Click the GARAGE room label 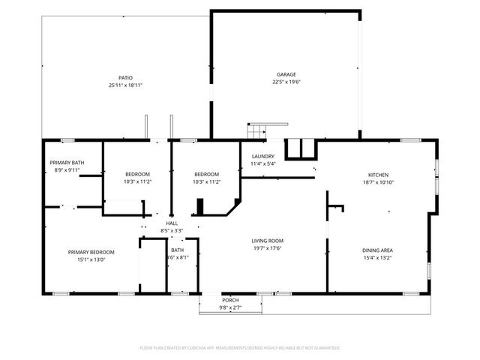pyautogui.click(x=286, y=74)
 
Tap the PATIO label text pyautogui.click(x=125, y=77)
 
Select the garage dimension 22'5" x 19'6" pyautogui.click(x=286, y=82)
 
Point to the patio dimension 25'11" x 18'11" pyautogui.click(x=125, y=85)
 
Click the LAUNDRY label pyautogui.click(x=262, y=155)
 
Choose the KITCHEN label pyautogui.click(x=377, y=174)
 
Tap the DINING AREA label pyautogui.click(x=377, y=250)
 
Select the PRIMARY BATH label pyautogui.click(x=66, y=163)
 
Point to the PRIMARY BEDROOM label pyautogui.click(x=87, y=252)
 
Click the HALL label pyautogui.click(x=172, y=223)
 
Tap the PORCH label pyautogui.click(x=230, y=299)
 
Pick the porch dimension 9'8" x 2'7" pyautogui.click(x=230, y=307)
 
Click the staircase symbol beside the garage pyautogui.click(x=257, y=130)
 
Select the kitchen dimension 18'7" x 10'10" pyautogui.click(x=377, y=182)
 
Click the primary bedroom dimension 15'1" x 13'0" pyautogui.click(x=87, y=260)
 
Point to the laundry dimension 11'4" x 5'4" pyautogui.click(x=262, y=163)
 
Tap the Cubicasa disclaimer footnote pyautogui.click(x=240, y=348)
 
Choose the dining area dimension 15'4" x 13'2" pyautogui.click(x=377, y=259)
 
